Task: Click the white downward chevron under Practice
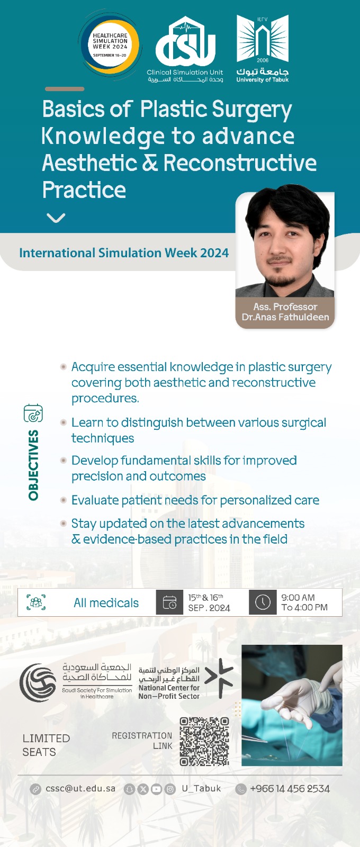(56, 218)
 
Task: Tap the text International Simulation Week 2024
(124, 253)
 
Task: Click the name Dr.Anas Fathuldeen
(285, 317)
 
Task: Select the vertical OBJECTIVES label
(33, 465)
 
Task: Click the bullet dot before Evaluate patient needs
(64, 500)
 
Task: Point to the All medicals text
(106, 603)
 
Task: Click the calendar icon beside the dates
(169, 602)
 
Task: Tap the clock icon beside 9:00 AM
(263, 602)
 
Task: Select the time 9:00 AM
(298, 598)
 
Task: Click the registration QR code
(204, 741)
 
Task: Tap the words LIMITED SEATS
(46, 745)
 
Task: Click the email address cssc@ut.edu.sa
(80, 789)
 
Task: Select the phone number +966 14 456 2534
(290, 789)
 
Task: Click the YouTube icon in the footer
(156, 789)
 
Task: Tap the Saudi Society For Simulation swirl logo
(38, 683)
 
